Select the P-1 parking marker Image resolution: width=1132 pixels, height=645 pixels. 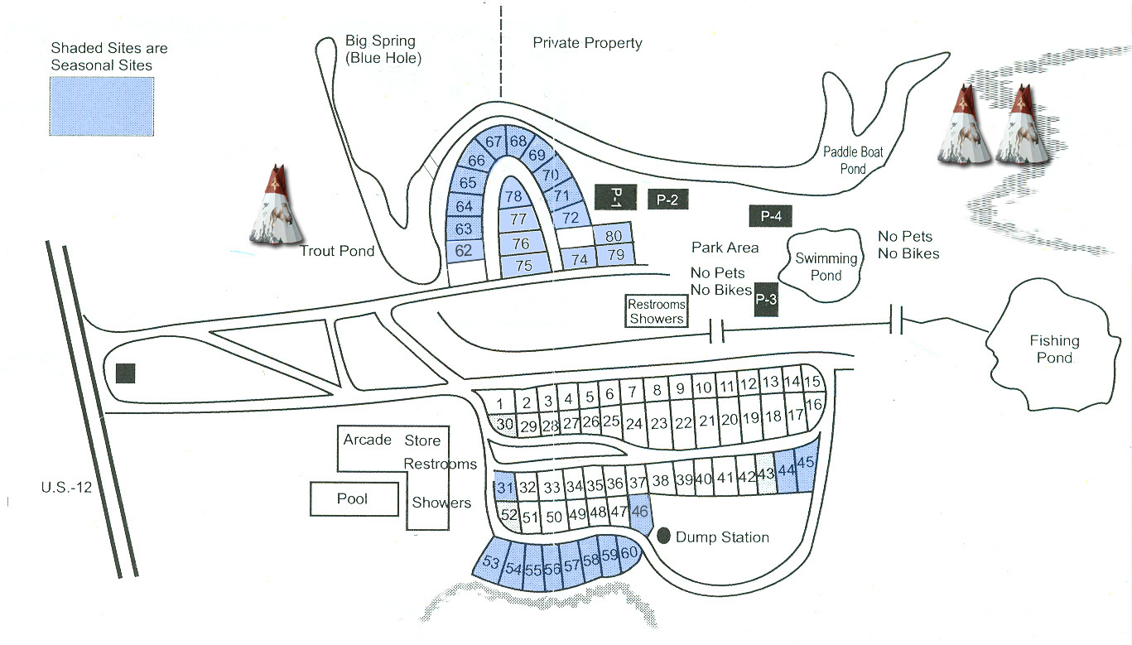(614, 196)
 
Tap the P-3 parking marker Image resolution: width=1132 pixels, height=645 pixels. (766, 301)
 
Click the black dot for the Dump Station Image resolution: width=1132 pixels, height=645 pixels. (663, 537)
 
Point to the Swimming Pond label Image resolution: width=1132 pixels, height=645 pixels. (825, 267)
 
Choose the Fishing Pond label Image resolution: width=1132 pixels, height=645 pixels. (1054, 349)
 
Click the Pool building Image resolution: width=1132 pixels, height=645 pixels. (352, 498)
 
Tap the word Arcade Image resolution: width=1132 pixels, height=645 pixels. (367, 440)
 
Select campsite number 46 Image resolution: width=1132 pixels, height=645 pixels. (639, 511)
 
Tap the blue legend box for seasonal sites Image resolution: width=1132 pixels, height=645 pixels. (102, 106)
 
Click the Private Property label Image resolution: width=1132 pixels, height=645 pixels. (587, 43)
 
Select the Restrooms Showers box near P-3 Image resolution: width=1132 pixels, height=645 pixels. (657, 311)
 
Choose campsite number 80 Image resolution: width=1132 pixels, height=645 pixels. (614, 236)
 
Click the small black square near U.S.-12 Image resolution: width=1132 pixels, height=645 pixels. (125, 373)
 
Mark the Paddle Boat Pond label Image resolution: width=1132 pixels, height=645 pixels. (853, 160)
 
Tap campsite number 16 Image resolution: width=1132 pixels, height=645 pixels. (812, 404)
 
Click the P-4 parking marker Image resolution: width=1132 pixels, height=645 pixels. (770, 216)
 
